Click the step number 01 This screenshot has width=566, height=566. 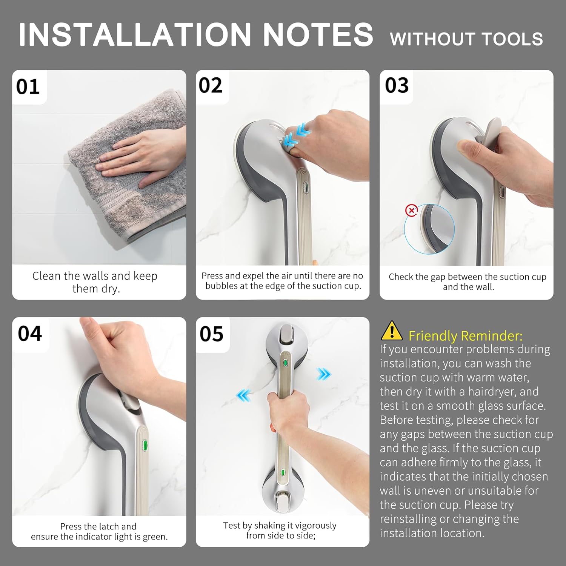point(28,87)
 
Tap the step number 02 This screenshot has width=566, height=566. point(211,86)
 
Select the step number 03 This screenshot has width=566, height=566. point(397,86)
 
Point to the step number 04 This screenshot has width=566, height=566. point(30,334)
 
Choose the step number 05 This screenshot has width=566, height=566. point(211,334)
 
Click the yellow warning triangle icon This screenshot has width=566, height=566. point(392,331)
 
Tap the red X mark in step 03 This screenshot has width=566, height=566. point(411,210)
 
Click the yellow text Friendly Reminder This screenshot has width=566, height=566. point(465,335)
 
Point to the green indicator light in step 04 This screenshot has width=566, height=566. point(144,446)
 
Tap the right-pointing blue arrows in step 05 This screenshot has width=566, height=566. point(324,374)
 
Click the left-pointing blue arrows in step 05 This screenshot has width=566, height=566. point(243,396)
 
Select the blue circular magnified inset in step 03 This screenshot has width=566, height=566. point(429,229)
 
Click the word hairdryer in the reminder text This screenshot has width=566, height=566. point(491,392)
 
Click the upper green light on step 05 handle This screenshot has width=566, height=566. point(286,363)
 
